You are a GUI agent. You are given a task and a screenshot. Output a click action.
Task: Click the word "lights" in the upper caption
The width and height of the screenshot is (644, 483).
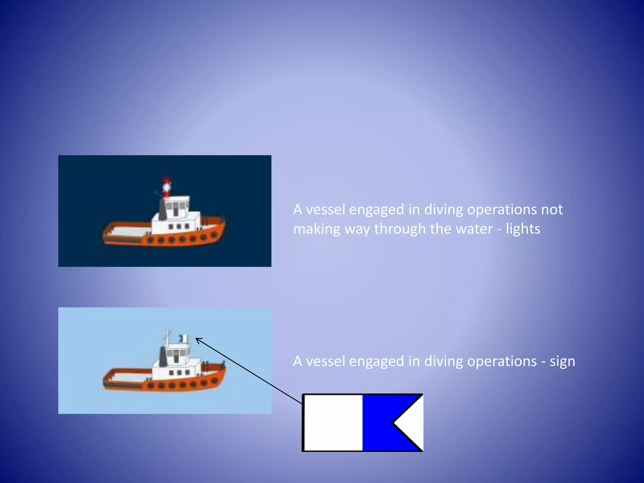(x=523, y=229)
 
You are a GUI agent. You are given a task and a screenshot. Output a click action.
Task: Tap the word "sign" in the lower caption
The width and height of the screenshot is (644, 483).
(x=562, y=361)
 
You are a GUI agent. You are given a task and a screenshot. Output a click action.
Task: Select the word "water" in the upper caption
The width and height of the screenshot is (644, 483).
(x=474, y=229)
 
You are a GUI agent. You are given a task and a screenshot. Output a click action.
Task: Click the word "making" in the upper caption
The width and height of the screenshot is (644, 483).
(x=317, y=229)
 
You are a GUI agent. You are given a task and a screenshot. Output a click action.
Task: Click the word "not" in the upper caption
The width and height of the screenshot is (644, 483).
(x=552, y=210)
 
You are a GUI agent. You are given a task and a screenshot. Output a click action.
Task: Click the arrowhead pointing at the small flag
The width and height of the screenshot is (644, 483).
(x=198, y=340)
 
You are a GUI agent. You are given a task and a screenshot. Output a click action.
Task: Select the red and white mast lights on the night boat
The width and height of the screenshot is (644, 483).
(x=166, y=186)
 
